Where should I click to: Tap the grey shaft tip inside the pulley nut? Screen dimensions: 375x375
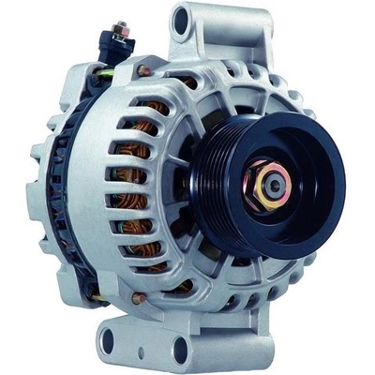(272, 186)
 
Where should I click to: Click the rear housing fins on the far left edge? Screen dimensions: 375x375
(37, 187)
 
